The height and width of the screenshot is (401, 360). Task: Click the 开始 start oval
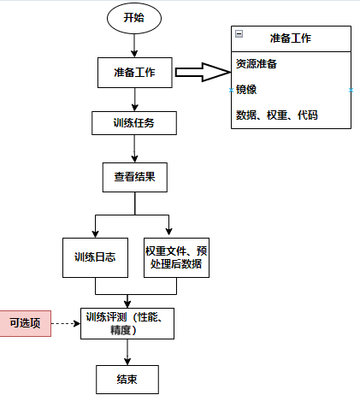(134, 18)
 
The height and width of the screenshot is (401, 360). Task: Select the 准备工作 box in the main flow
(135, 73)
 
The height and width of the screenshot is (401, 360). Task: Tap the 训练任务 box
(134, 123)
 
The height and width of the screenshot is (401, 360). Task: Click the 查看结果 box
(135, 177)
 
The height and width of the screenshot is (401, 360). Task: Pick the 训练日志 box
(95, 257)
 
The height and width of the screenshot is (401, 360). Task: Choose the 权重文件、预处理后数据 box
(176, 257)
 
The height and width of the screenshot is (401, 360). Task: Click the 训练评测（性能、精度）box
(127, 323)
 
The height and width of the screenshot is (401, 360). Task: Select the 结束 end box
(127, 380)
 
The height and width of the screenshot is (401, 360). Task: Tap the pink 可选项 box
(26, 323)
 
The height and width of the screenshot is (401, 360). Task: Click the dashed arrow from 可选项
(66, 323)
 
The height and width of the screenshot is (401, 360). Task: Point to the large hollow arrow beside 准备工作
(203, 73)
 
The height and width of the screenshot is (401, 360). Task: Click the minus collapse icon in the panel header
(239, 34)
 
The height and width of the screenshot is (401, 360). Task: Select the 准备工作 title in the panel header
(291, 38)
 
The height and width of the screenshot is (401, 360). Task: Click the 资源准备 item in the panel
(257, 64)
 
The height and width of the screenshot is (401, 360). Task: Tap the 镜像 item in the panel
(246, 90)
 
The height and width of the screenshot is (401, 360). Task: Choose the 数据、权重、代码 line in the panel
(276, 115)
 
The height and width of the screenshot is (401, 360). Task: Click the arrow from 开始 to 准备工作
(134, 45)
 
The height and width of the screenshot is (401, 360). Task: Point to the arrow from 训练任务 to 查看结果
(134, 149)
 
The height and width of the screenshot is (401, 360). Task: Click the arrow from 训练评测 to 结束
(127, 352)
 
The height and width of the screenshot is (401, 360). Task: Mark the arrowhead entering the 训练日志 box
(96, 234)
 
